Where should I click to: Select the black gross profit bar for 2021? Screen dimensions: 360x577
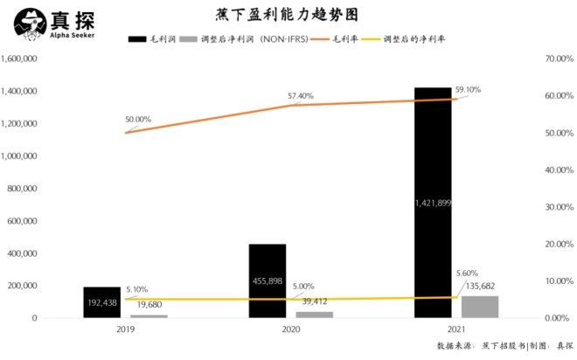point(434,201)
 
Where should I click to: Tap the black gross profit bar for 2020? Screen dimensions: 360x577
point(267,280)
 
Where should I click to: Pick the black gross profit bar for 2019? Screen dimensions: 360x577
point(101,302)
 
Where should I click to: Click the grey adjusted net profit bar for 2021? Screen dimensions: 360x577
point(480,307)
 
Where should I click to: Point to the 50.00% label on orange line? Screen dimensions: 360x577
point(138,120)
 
